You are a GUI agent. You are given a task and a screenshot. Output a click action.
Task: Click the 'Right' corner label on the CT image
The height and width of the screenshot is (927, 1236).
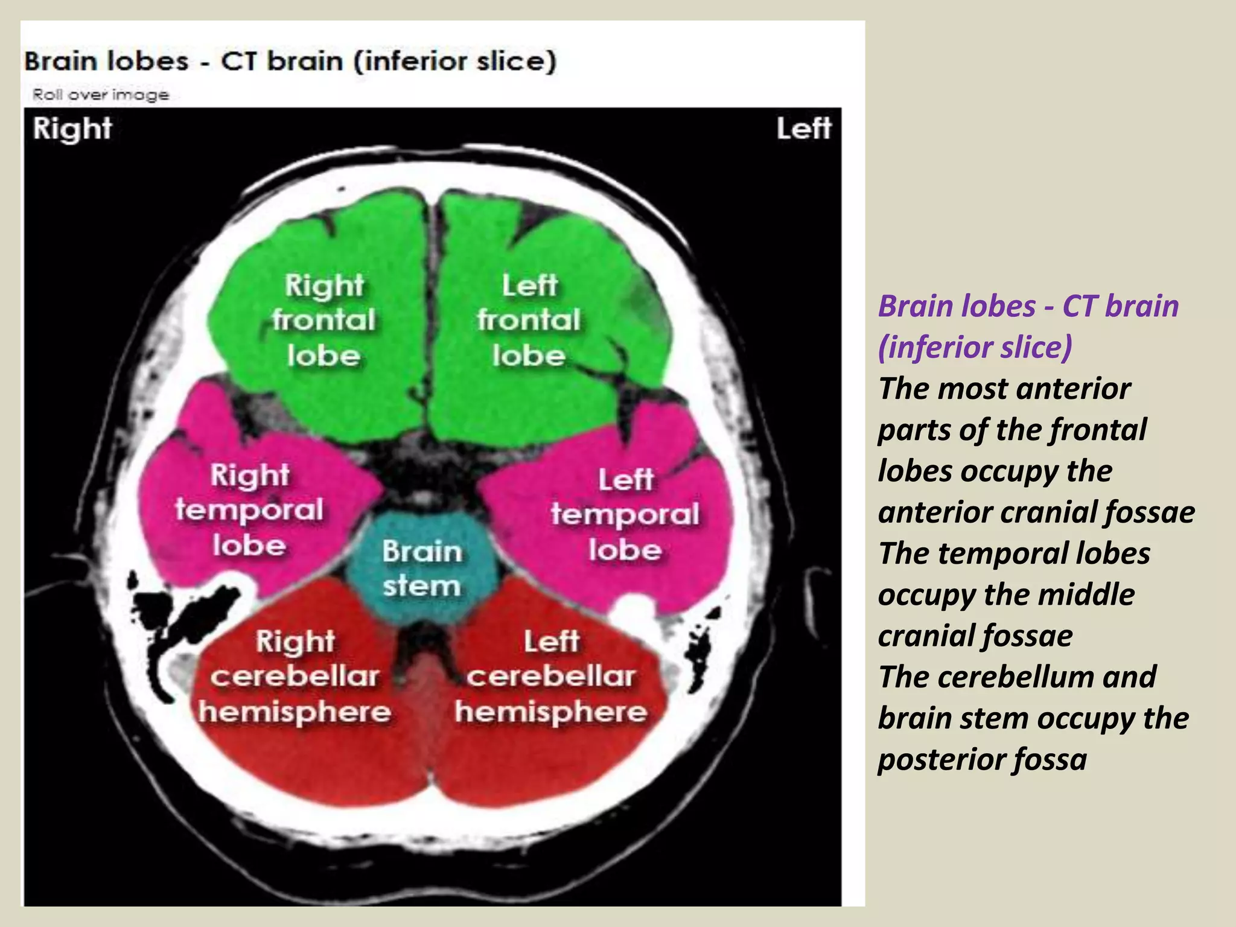[x=72, y=129]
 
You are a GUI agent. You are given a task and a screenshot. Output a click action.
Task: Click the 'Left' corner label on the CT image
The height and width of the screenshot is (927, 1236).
[x=803, y=129]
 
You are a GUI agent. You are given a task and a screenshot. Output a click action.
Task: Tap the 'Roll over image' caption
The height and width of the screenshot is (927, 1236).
[x=101, y=95]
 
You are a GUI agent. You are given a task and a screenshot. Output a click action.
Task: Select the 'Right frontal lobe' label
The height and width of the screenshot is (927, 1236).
[x=324, y=320]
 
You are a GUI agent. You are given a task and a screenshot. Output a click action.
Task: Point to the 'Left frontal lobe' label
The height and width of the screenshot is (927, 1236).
[x=529, y=320]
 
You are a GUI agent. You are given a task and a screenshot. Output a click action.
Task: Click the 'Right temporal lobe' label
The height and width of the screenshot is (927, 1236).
[x=249, y=510]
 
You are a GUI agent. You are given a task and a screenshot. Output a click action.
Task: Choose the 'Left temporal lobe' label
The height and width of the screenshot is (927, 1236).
[x=625, y=514]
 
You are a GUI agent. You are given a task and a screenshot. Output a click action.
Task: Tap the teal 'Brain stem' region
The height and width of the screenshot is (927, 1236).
[x=422, y=568]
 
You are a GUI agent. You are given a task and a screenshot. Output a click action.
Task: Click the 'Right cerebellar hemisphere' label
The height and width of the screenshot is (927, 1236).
[x=295, y=676]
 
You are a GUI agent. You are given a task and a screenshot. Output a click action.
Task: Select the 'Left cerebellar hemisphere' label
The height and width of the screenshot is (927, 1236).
[x=551, y=676]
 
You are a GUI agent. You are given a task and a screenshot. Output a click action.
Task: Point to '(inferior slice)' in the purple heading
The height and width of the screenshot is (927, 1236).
[x=975, y=347]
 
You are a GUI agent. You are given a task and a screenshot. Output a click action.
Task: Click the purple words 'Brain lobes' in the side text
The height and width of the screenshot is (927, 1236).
[x=957, y=306]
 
